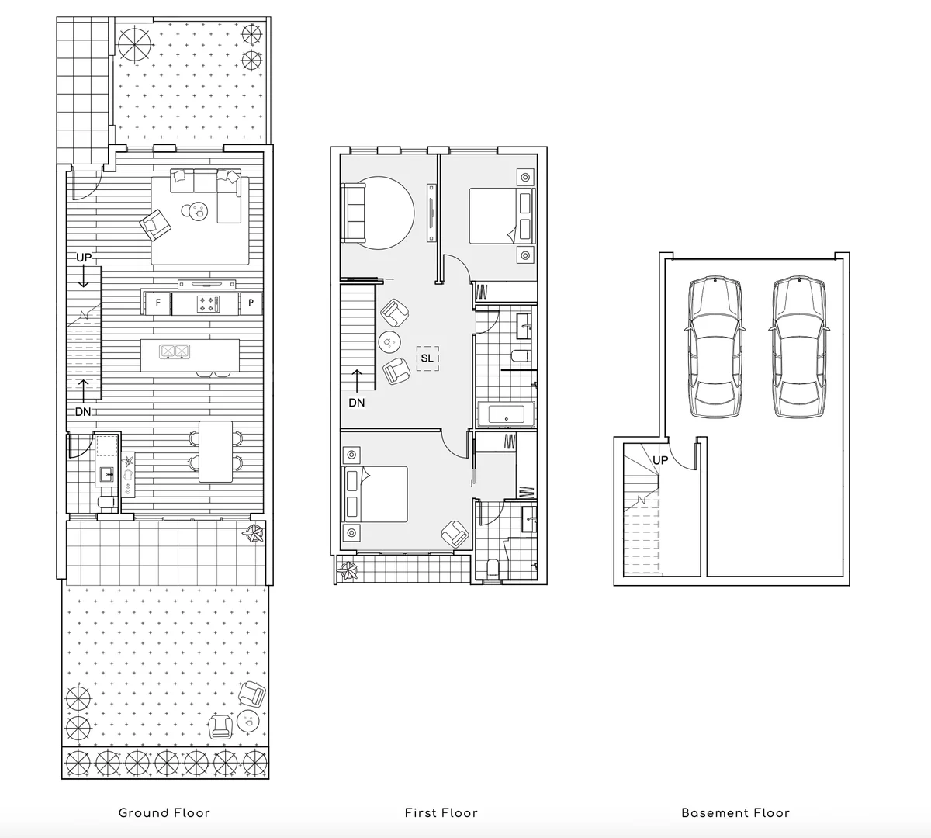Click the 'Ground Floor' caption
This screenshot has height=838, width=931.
(x=164, y=813)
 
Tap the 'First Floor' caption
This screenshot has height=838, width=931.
(x=441, y=813)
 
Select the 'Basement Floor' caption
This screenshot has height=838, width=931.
(x=735, y=813)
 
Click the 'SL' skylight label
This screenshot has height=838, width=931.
(x=427, y=358)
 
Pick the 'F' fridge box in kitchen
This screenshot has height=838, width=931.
(x=158, y=303)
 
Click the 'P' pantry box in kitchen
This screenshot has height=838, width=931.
(x=251, y=303)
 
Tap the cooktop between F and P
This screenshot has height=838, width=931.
(x=208, y=303)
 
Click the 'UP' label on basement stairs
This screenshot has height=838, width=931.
(x=660, y=460)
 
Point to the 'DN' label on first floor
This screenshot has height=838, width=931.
(x=356, y=403)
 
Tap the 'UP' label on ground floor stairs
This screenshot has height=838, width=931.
(x=83, y=258)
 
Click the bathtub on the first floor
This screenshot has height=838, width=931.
(x=506, y=415)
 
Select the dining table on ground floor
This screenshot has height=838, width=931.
(x=216, y=450)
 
